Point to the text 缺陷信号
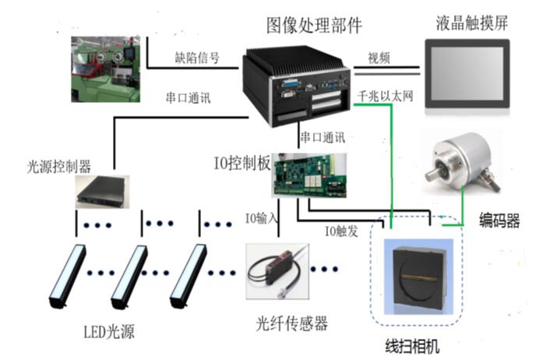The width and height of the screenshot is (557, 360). pyautogui.click(x=196, y=58)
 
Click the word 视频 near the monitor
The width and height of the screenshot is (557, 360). pyautogui.click(x=379, y=57)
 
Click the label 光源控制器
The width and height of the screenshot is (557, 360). pyautogui.click(x=59, y=166)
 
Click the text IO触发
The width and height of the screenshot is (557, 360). pyautogui.click(x=342, y=231)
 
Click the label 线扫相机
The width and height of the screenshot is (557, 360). pyautogui.click(x=412, y=344)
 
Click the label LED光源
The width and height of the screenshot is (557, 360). pyautogui.click(x=109, y=332)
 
